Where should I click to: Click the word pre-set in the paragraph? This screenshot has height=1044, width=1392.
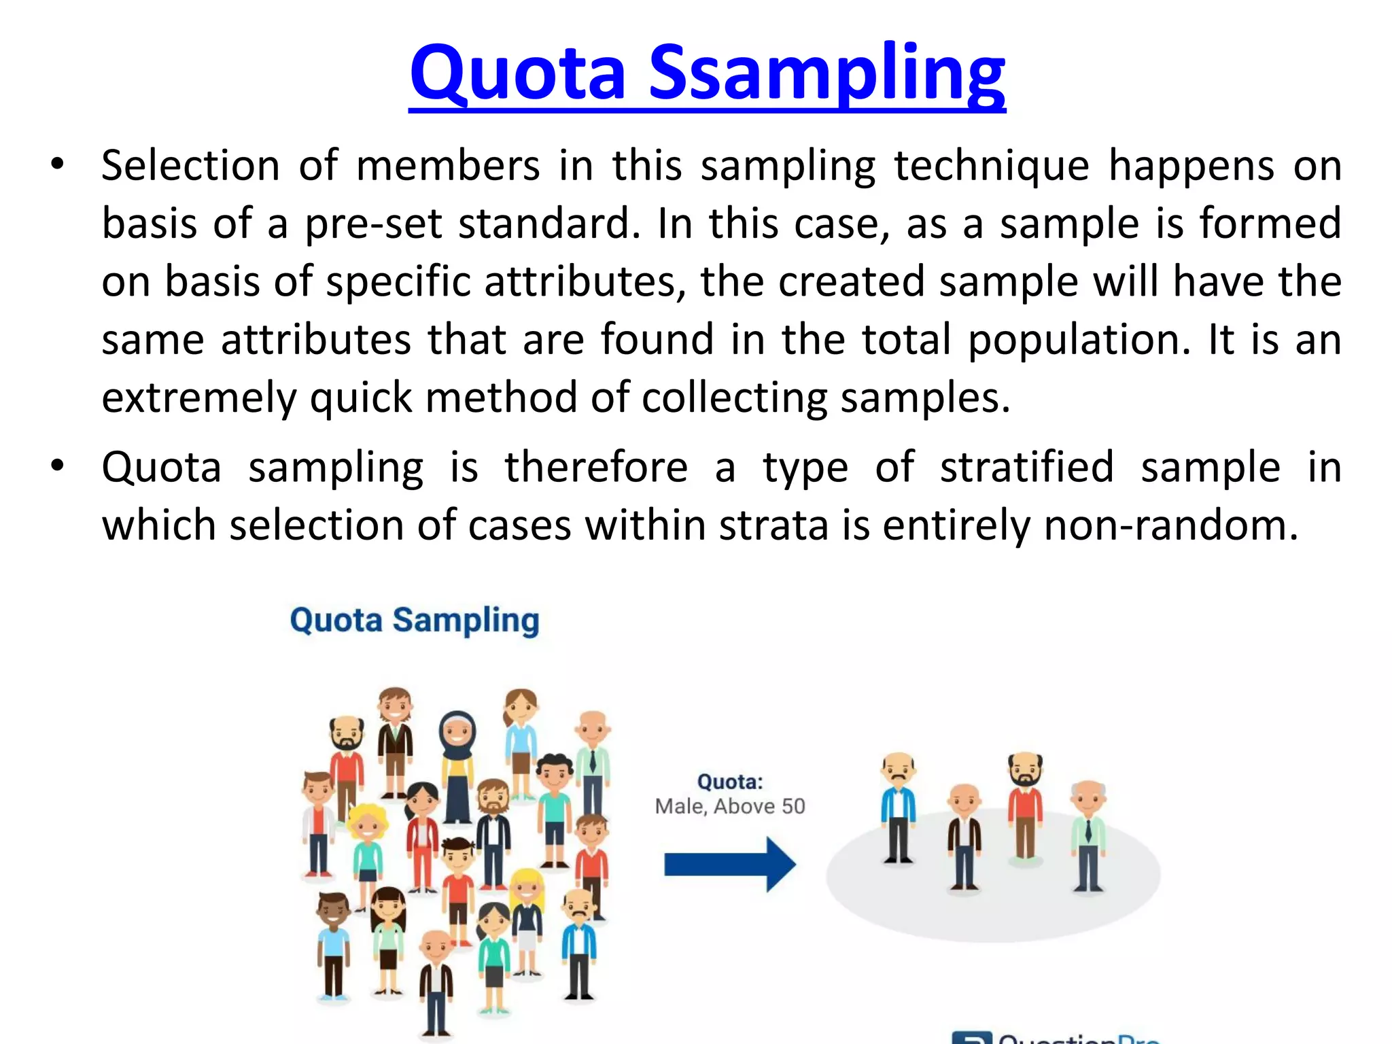(373, 224)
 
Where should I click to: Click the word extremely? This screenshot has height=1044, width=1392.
(199, 398)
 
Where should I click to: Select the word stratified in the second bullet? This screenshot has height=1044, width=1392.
(1026, 468)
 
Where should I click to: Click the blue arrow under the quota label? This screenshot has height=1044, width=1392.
(729, 864)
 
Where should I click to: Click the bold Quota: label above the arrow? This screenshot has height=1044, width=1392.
(730, 782)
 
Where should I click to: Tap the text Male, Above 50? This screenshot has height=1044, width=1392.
(730, 806)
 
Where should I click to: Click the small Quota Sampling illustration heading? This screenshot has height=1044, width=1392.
(415, 621)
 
